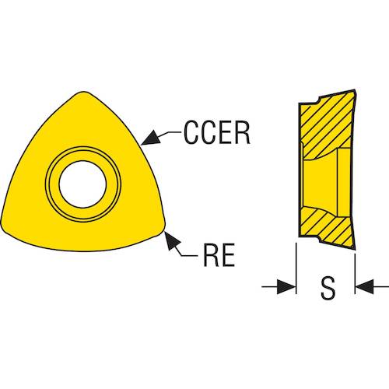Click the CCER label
click(217, 132)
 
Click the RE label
click(219, 255)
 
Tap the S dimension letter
click(328, 288)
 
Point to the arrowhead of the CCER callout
click(150, 138)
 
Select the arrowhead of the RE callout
click(172, 240)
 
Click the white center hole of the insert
click(82, 184)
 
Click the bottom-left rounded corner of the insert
click(5, 226)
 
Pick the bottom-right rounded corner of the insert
click(161, 225)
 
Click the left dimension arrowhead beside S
click(286, 287)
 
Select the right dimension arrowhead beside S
click(365, 287)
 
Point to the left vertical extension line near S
click(296, 268)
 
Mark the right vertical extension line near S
click(355, 274)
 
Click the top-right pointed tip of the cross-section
click(355, 90)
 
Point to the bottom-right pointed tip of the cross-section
click(354, 250)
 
